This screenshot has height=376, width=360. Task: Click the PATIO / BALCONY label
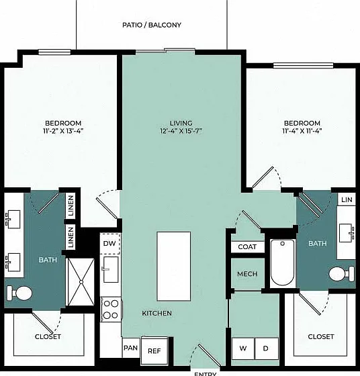click(x=152, y=25)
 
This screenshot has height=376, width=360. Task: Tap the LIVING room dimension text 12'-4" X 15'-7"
click(x=181, y=131)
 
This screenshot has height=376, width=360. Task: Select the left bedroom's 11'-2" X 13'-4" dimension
click(x=63, y=131)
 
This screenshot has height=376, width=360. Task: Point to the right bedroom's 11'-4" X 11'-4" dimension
click(x=302, y=131)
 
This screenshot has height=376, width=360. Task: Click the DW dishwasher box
click(x=109, y=243)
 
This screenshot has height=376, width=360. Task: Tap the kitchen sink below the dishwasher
click(x=111, y=269)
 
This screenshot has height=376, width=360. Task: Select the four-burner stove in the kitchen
click(x=111, y=310)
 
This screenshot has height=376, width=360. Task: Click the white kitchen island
click(x=174, y=266)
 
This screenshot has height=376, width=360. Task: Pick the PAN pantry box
click(x=131, y=348)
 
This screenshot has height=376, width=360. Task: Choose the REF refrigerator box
click(x=154, y=350)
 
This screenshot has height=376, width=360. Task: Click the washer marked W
click(x=243, y=348)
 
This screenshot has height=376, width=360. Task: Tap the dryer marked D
click(x=266, y=348)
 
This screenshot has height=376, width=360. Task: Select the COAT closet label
click(x=247, y=247)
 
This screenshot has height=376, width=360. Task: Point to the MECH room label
click(x=247, y=274)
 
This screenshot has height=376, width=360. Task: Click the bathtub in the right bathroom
click(x=282, y=263)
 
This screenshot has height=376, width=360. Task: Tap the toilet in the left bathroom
click(x=19, y=293)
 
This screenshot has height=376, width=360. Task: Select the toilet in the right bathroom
click(x=342, y=274)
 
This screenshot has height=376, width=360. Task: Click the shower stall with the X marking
click(x=81, y=282)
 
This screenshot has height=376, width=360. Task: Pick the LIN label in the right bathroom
click(x=347, y=199)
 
